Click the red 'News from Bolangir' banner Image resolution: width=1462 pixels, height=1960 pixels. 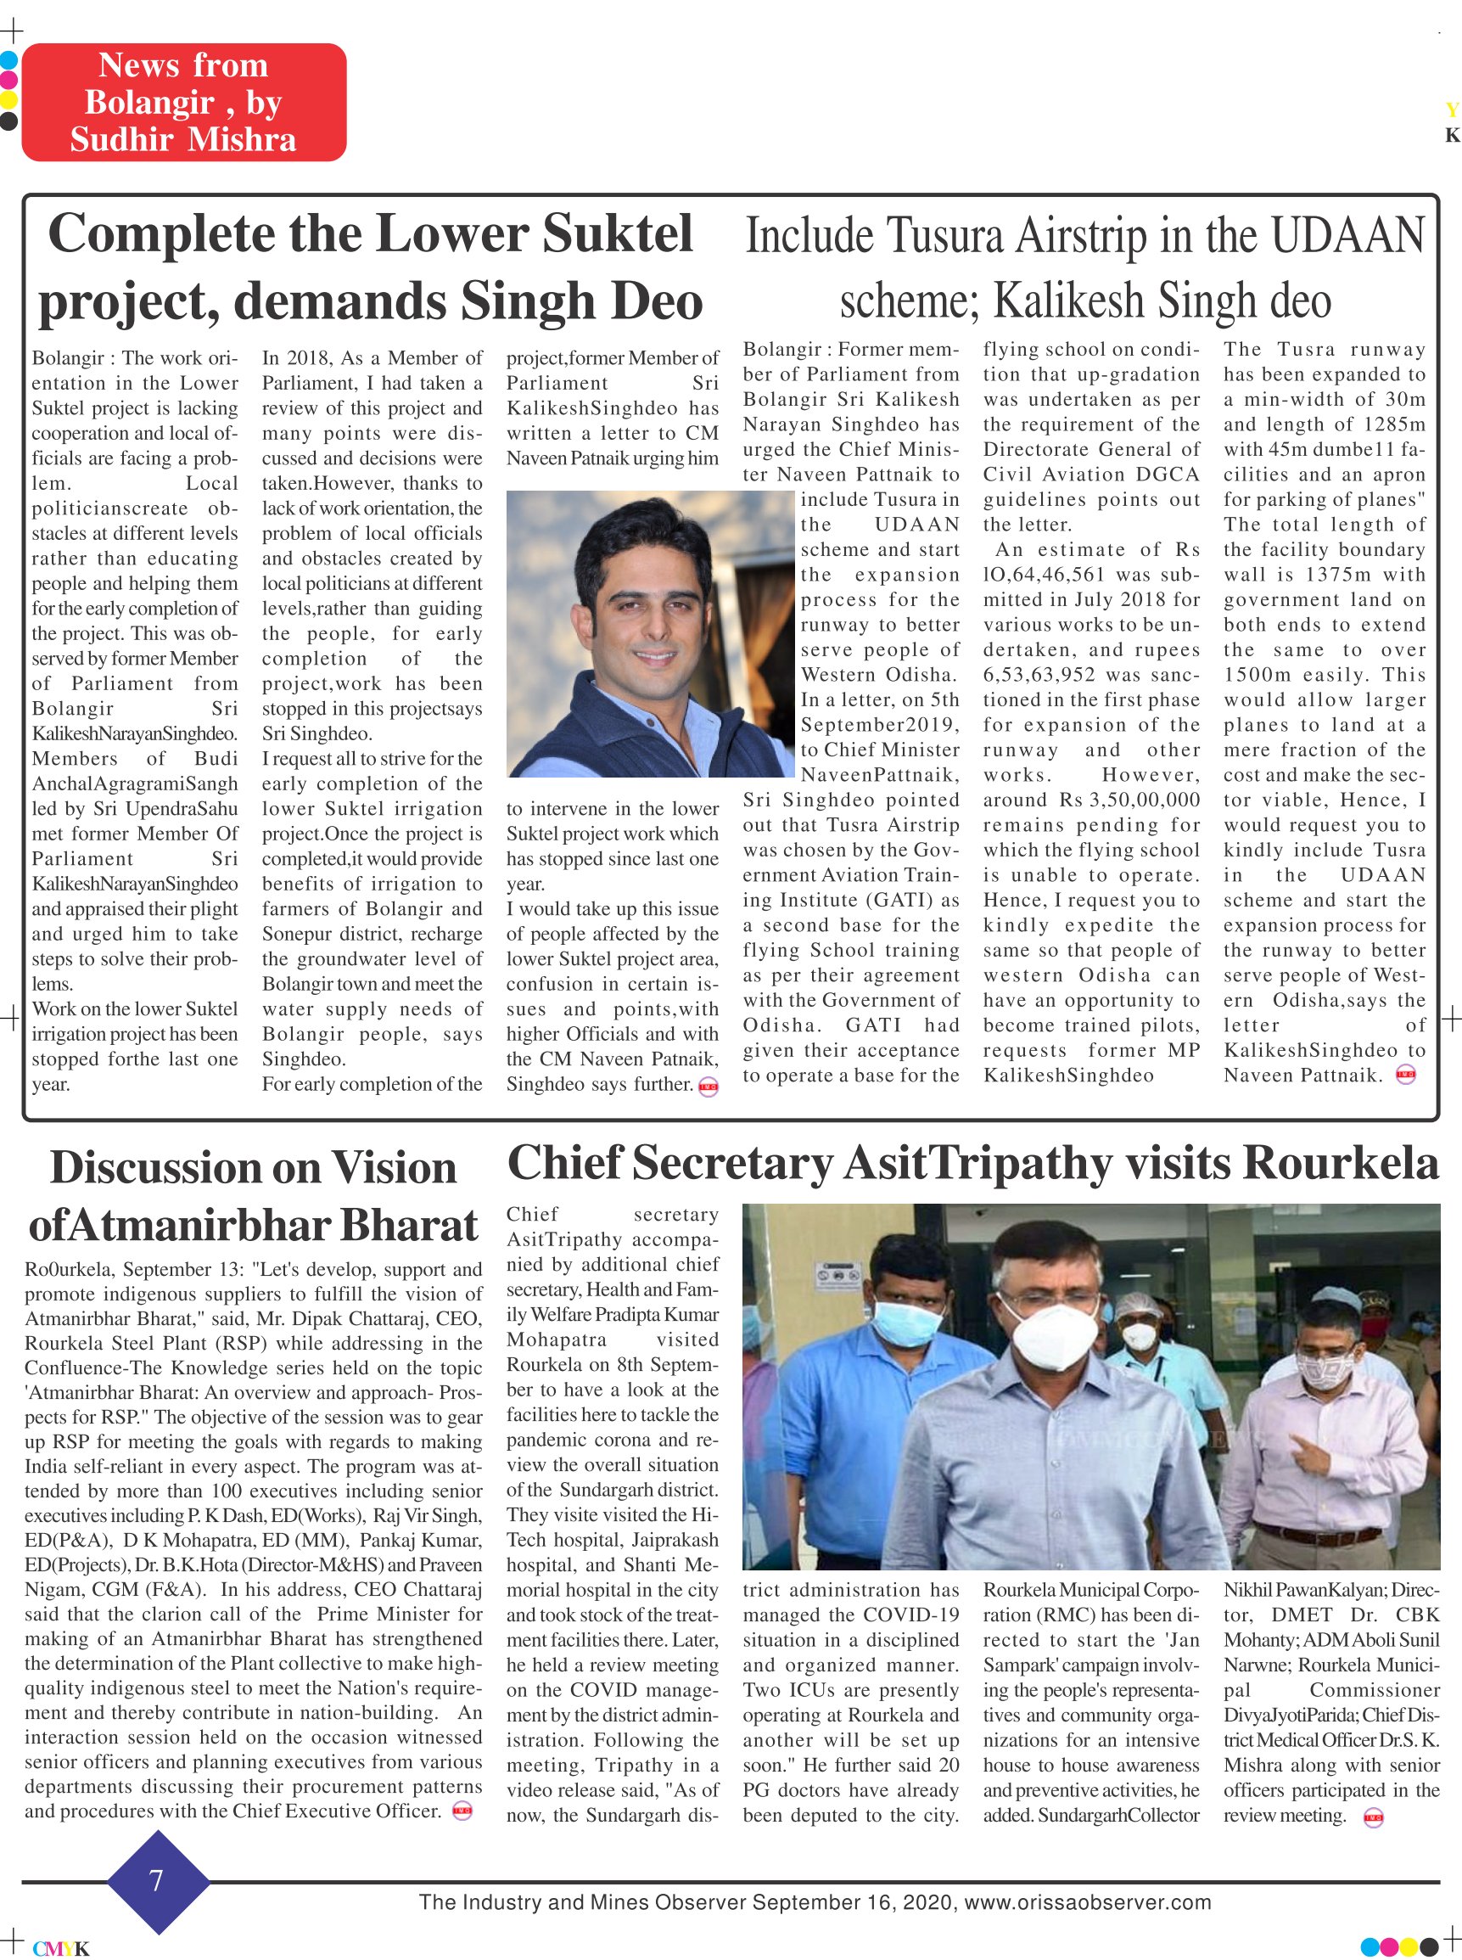[183, 102]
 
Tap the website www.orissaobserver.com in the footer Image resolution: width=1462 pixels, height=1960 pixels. [1088, 1901]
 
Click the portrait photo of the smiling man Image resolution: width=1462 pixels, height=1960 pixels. [649, 633]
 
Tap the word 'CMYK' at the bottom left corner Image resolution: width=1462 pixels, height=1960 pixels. [61, 1947]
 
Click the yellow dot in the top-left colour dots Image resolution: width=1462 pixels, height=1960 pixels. [8, 98]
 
